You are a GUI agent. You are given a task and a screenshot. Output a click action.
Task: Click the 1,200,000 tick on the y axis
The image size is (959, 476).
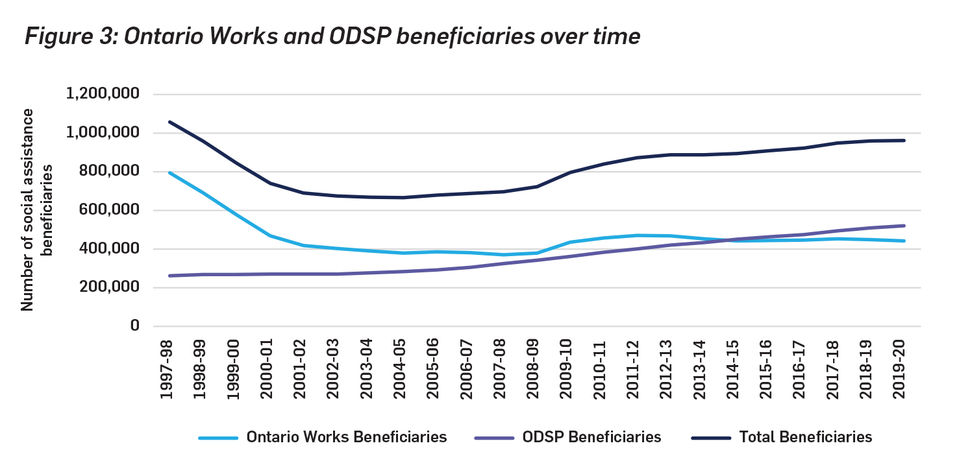coord(103,95)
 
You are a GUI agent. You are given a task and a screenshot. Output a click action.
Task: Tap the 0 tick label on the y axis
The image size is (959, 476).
coord(134,326)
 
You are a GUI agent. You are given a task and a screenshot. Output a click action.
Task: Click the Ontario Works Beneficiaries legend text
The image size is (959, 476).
coord(347,437)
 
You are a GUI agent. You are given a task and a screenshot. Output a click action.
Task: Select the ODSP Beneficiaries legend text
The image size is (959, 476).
coord(592,437)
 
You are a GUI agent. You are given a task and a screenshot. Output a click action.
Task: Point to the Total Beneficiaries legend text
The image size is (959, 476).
coord(805,437)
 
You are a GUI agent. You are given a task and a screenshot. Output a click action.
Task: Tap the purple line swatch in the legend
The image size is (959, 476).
coord(495,438)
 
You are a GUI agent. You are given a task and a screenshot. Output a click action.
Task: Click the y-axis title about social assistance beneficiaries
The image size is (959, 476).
coord(36,210)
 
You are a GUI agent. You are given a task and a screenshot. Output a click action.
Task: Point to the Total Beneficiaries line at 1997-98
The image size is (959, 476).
coord(170,122)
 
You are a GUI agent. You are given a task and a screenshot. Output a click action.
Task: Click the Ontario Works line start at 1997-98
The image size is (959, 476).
coord(170,173)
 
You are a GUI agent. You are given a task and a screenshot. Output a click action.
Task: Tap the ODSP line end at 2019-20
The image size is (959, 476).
coord(904,226)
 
